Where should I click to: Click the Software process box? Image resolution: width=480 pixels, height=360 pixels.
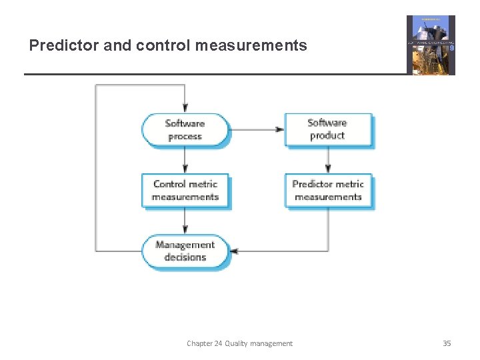[x=185, y=130]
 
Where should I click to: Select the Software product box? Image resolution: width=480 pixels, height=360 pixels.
[x=327, y=129]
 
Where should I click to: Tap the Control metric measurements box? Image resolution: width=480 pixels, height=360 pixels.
[x=185, y=191]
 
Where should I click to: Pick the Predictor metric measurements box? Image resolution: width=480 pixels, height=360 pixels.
[x=328, y=191]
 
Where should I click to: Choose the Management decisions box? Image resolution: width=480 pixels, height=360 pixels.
[x=185, y=251]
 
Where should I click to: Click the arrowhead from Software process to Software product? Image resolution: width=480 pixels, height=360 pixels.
[x=280, y=129]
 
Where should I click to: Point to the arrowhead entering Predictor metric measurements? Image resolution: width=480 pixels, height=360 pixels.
[x=328, y=169]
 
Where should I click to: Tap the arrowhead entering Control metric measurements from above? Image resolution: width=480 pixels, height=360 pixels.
[x=185, y=169]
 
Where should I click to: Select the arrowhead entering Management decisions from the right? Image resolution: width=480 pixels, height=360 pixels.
[x=234, y=251]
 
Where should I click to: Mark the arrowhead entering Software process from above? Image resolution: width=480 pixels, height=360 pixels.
[x=185, y=108]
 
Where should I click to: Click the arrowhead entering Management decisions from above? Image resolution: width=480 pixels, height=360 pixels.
[x=185, y=230]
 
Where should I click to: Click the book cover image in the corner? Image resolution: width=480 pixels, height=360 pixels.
[x=431, y=45]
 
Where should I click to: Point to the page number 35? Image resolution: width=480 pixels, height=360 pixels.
[x=447, y=343]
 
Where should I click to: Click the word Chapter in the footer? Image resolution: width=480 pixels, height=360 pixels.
[x=199, y=343]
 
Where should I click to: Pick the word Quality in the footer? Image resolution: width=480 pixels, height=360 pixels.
[x=237, y=343]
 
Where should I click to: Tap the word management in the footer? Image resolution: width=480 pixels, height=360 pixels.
[x=272, y=343]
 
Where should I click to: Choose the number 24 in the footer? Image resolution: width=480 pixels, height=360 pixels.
[x=219, y=343]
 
